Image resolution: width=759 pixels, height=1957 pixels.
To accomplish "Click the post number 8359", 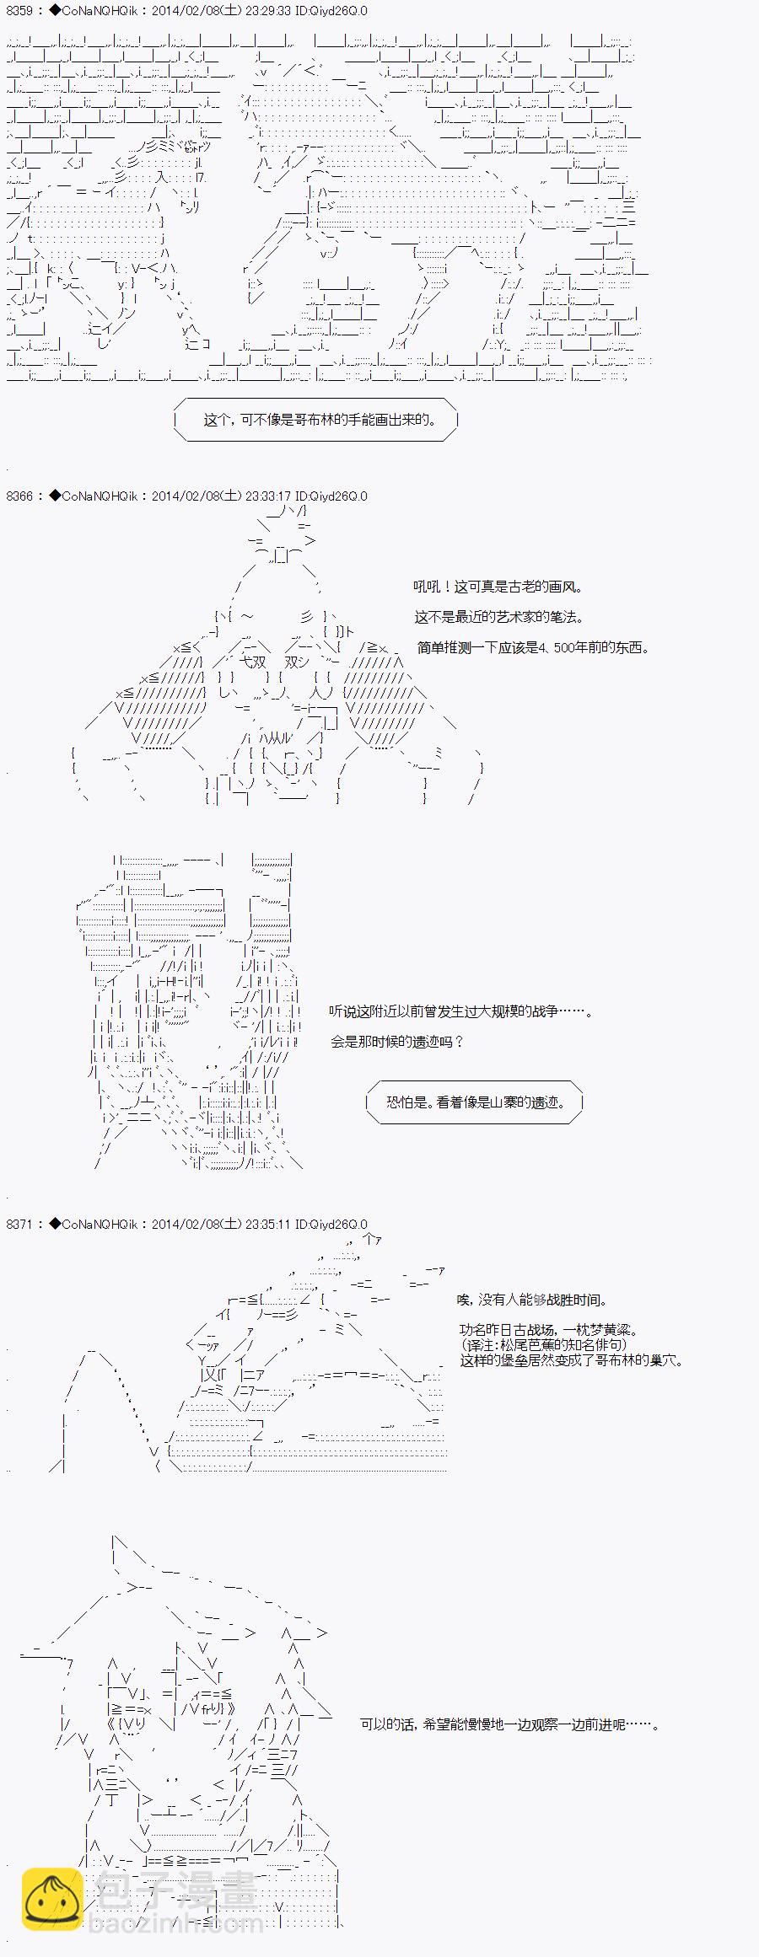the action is (19, 11).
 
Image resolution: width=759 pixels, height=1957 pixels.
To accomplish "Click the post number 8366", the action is (19, 496).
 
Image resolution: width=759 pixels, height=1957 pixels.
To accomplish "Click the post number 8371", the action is (19, 1224).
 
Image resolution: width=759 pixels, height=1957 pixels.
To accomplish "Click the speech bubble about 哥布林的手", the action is (315, 419).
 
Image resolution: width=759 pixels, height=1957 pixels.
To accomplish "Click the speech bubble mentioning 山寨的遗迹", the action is (474, 1102).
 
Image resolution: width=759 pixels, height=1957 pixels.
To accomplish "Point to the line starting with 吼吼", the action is (498, 587).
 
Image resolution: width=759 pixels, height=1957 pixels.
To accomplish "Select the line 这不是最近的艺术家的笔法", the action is (498, 617).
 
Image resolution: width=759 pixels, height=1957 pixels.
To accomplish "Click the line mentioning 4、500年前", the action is (533, 647).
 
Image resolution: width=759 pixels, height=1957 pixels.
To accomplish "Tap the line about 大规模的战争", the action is (460, 1011).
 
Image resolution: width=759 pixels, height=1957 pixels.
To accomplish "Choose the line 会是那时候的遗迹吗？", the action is (396, 1041).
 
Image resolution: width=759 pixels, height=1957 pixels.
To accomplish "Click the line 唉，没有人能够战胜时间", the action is (531, 1300).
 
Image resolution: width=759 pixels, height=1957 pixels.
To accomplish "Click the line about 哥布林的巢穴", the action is (572, 1359).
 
